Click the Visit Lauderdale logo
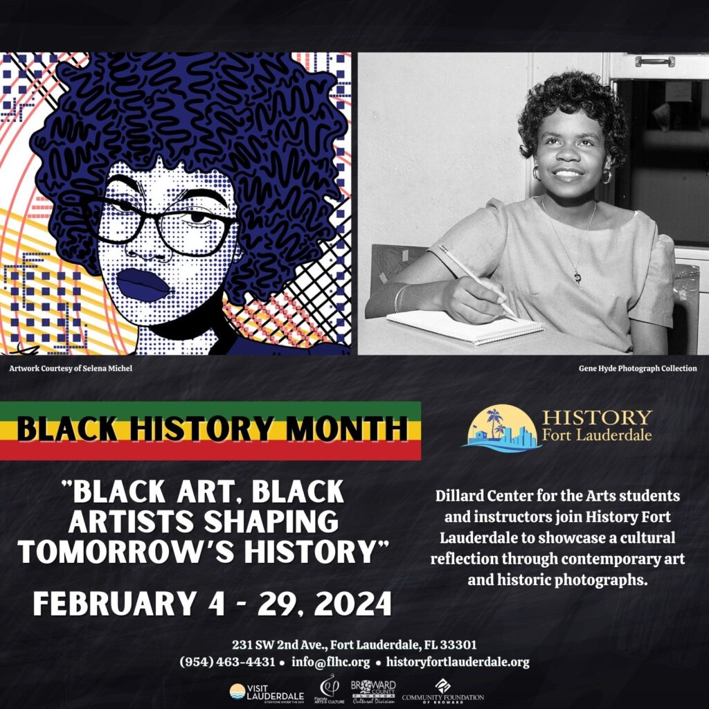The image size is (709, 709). [267, 692]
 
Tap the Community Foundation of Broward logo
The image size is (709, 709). [442, 692]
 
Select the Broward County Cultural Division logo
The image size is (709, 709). [373, 692]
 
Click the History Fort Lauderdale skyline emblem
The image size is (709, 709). [502, 429]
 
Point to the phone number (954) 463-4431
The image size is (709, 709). [227, 662]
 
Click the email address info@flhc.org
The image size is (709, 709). [330, 662]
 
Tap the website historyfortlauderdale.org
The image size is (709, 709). [458, 662]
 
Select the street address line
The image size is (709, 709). [354, 645]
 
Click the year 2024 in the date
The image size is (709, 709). [352, 604]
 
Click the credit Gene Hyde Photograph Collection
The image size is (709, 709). [638, 368]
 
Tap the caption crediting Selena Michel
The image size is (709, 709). [71, 368]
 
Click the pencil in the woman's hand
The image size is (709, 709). [478, 282]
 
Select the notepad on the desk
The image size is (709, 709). [466, 327]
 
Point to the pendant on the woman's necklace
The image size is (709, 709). [577, 276]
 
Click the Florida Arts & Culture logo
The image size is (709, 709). [329, 689]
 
